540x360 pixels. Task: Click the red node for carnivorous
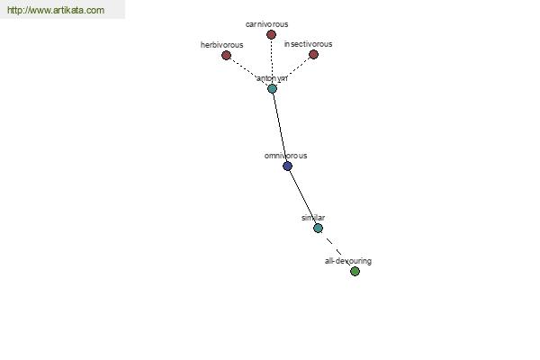click(x=271, y=34)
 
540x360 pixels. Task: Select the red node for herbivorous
click(x=226, y=55)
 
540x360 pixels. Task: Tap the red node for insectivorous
click(x=313, y=54)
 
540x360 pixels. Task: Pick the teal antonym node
click(x=272, y=88)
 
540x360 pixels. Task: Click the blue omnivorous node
click(x=288, y=166)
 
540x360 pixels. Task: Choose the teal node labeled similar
click(x=319, y=228)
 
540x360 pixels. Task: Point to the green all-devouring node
click(x=355, y=271)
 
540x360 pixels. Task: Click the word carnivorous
click(x=267, y=24)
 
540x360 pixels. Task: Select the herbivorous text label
click(x=221, y=45)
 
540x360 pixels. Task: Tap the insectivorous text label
click(x=308, y=44)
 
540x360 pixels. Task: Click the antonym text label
click(x=272, y=78)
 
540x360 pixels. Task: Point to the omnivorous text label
click(x=285, y=156)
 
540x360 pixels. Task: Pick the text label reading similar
click(x=313, y=218)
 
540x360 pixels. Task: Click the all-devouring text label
click(x=348, y=261)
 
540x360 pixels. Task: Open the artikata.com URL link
click(x=56, y=10)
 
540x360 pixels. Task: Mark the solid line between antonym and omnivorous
click(x=280, y=128)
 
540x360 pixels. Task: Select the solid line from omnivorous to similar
click(x=302, y=197)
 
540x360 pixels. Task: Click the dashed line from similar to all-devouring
click(x=337, y=249)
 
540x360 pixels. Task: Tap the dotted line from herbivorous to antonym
click(x=249, y=72)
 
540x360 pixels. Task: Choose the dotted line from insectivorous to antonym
click(x=292, y=72)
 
